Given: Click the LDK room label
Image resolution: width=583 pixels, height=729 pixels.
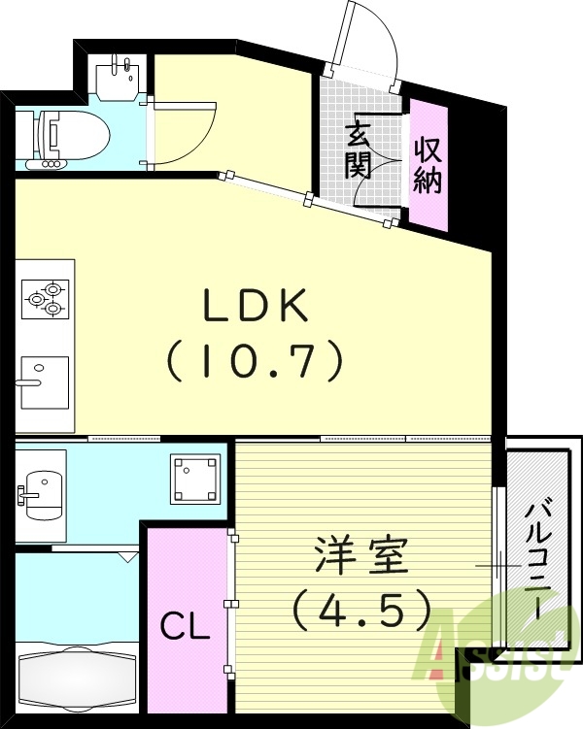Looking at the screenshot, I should (255, 307).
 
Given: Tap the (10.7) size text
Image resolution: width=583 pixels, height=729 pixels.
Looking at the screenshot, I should (255, 362).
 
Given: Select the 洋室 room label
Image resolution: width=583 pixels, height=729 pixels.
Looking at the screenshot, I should (361, 555).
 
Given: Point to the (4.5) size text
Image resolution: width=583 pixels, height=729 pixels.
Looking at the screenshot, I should (361, 610).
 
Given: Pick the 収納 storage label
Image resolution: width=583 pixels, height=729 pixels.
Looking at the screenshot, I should (428, 165).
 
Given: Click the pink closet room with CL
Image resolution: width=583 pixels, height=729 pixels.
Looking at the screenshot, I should (185, 602).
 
